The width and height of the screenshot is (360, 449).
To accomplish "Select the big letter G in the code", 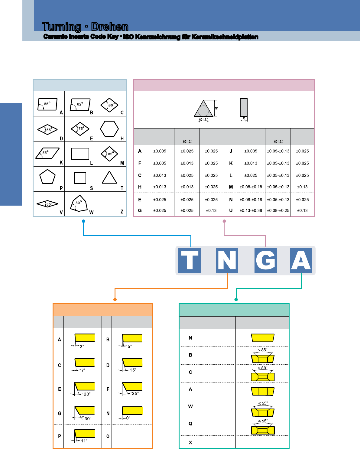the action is click(x=265, y=260).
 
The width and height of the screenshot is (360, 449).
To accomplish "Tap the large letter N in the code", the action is click(x=227, y=260).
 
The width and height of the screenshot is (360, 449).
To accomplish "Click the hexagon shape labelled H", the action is click(x=109, y=129).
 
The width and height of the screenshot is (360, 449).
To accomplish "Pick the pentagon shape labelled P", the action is click(x=47, y=177).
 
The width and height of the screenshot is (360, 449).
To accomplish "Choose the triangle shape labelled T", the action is click(x=109, y=177).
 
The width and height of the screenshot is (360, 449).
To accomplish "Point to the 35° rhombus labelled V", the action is click(x=47, y=203).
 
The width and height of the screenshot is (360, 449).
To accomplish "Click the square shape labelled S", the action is click(x=80, y=178).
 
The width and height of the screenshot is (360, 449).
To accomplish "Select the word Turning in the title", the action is click(x=62, y=27).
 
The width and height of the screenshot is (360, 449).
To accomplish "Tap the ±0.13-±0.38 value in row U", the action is click(x=251, y=210).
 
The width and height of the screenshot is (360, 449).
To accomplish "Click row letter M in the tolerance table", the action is click(x=231, y=187).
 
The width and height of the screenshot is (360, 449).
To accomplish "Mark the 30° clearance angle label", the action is click(x=88, y=418).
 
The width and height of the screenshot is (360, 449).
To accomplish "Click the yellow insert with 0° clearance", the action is click(x=132, y=410).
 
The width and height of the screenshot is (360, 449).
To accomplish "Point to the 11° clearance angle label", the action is click(x=84, y=441).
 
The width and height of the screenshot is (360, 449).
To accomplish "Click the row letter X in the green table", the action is click(x=190, y=443).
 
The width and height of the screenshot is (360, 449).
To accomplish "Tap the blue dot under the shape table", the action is click(x=83, y=221).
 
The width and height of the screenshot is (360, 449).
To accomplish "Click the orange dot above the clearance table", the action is click(x=115, y=300).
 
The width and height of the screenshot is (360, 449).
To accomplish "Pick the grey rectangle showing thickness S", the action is click(x=244, y=107).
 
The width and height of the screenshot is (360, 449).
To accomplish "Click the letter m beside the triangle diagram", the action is click(x=216, y=108).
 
